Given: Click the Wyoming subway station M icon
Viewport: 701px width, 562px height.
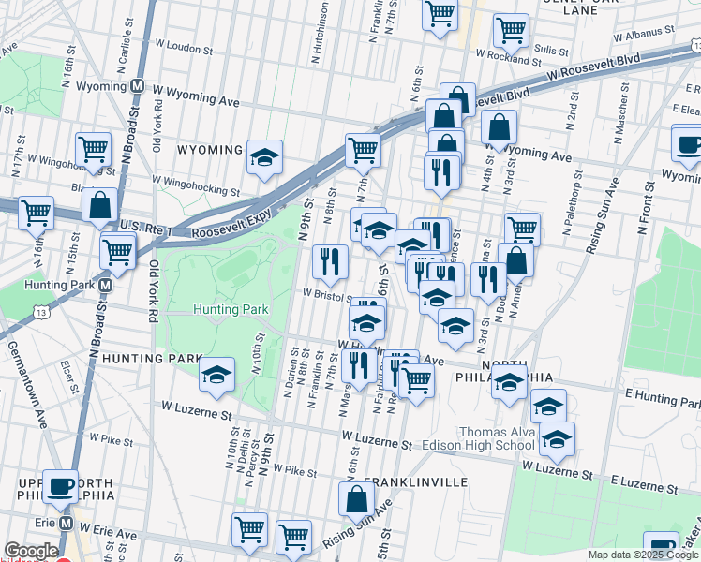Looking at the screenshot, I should (138, 84).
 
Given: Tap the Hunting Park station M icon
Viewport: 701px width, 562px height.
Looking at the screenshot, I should (107, 285).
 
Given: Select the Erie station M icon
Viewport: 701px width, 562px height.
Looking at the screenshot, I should (66, 522).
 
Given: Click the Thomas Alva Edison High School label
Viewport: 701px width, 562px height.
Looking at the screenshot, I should (498, 438).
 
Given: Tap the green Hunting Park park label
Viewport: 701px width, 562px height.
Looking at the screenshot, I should (231, 309).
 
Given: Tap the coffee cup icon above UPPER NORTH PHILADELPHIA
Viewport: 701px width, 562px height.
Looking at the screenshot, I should (62, 486).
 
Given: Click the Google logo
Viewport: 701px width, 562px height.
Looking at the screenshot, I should (31, 551).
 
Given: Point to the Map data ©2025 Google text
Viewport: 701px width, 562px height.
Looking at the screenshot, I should (643, 555).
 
